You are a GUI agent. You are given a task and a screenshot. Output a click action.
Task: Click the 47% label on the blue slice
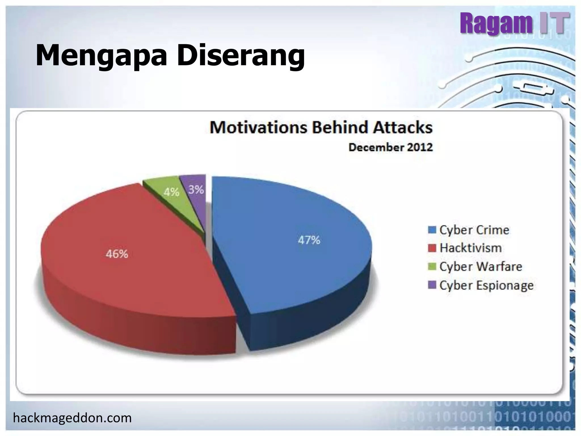309,240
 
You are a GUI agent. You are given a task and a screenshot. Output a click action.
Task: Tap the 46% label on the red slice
117,254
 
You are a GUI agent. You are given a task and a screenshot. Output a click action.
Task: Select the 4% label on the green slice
171,192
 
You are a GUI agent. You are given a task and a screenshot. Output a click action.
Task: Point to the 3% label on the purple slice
196,190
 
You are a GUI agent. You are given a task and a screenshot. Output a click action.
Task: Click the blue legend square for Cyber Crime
432,230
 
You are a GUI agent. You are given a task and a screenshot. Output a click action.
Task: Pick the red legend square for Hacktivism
432,248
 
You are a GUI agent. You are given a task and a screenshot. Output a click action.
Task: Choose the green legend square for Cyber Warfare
432,267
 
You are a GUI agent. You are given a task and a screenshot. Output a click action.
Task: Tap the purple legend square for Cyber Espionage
432,285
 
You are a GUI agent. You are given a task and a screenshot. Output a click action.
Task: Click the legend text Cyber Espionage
486,285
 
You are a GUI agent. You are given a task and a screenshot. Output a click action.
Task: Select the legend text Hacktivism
471,248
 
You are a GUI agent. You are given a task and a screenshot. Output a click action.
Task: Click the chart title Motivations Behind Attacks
321,127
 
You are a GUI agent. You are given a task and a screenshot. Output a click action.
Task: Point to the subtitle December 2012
390,147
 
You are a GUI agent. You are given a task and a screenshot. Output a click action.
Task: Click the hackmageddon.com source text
72,418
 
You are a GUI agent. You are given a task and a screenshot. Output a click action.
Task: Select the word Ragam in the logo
496,23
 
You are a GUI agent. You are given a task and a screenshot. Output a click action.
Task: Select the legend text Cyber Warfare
481,267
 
